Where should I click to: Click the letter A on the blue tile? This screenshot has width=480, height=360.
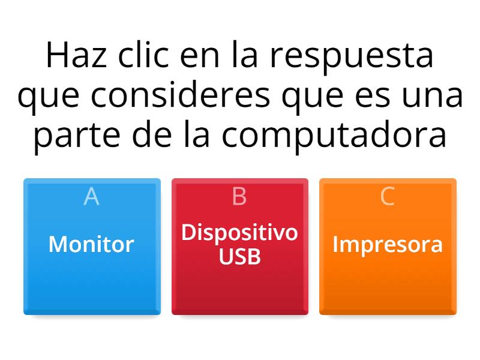coord(91,196)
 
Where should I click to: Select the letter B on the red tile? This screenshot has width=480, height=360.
coord(239,196)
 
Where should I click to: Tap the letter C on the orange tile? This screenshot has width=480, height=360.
coord(388,196)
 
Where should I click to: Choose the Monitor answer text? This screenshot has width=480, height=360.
coord(91,244)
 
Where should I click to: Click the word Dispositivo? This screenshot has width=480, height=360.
coord(239,232)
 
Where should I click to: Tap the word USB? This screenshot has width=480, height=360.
coord(239,257)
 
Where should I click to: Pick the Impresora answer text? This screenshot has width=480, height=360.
coord(388,244)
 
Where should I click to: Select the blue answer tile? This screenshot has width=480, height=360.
coord(92,282)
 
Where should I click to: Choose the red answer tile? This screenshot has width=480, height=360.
coord(239,288)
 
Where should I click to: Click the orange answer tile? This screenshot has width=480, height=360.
coord(388,282)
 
